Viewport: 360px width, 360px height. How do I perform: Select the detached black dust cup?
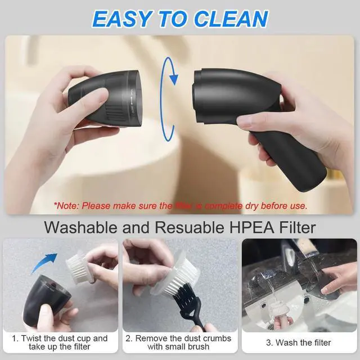point(103,98)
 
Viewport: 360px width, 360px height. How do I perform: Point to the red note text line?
point(180,205)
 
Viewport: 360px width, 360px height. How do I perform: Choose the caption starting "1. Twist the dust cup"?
point(61,343)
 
